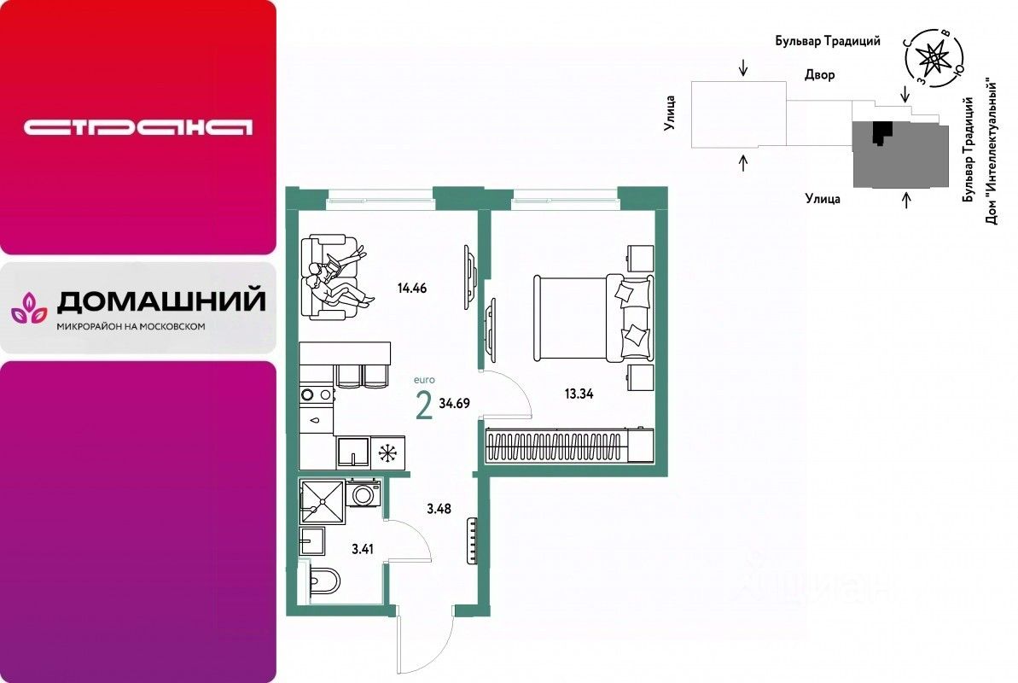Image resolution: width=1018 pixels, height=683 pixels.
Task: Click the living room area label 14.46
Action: click(411, 288)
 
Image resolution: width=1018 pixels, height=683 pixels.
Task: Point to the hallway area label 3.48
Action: click(439, 510)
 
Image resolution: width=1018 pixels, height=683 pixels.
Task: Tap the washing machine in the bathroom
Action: click(364, 493)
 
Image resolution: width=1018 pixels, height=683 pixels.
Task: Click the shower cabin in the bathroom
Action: click(322, 500)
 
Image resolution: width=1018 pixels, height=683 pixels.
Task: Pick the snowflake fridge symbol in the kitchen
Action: click(389, 452)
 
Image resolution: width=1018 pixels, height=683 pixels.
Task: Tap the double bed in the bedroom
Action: click(592, 317)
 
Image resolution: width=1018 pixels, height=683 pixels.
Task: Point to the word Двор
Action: click(819, 75)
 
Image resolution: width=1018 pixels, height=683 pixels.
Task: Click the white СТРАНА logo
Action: click(138, 128)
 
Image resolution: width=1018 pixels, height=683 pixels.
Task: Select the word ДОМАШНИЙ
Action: click(160, 301)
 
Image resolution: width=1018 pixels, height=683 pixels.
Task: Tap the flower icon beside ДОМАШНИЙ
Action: click(29, 307)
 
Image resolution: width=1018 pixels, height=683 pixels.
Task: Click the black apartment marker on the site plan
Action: click(879, 133)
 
